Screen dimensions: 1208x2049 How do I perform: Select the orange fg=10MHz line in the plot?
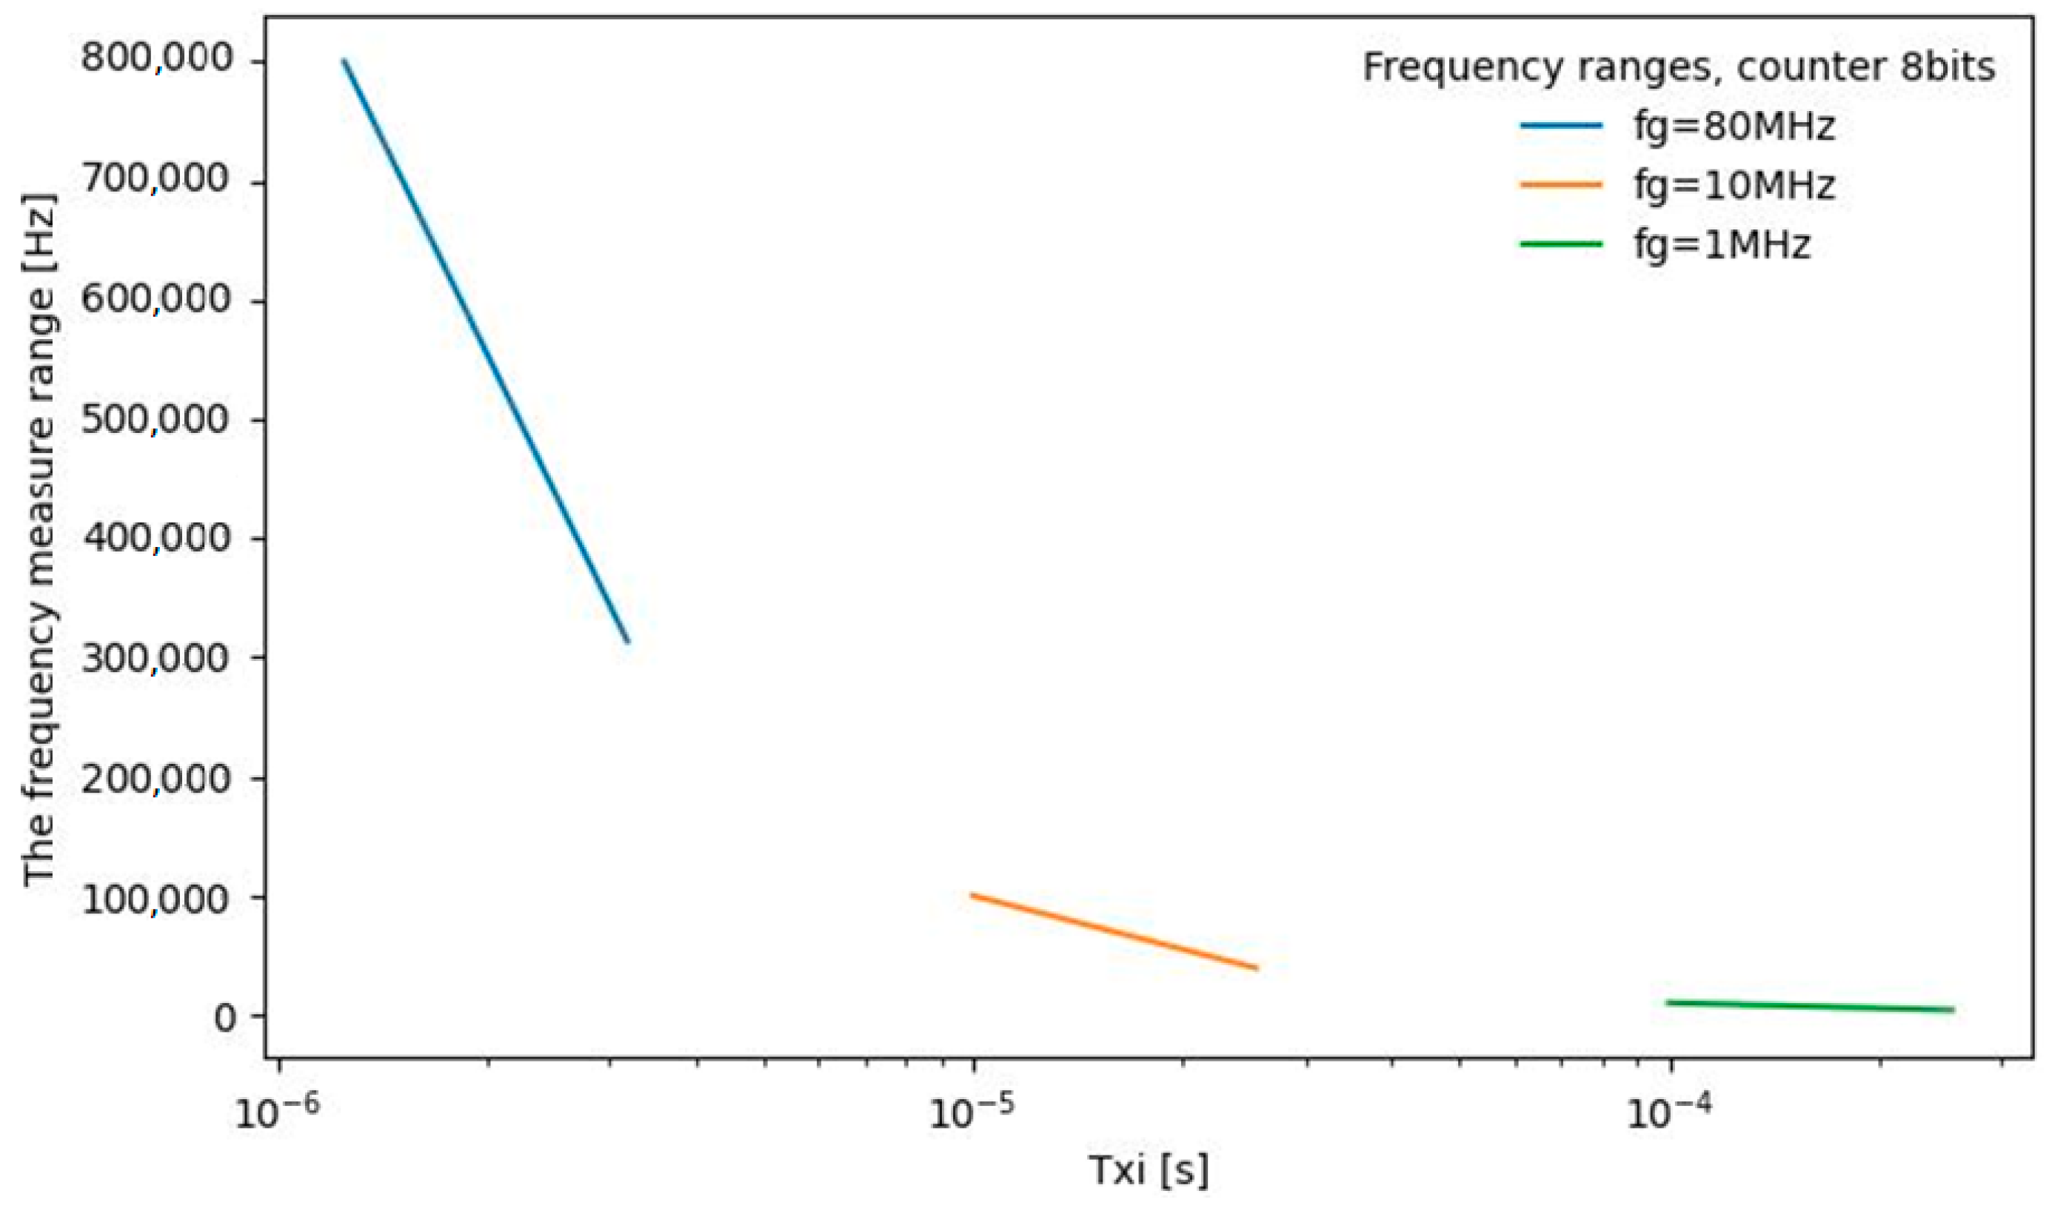tap(1114, 932)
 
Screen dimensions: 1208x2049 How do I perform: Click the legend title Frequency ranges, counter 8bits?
tap(1679, 67)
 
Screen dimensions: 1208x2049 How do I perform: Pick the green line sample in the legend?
tap(1560, 244)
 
